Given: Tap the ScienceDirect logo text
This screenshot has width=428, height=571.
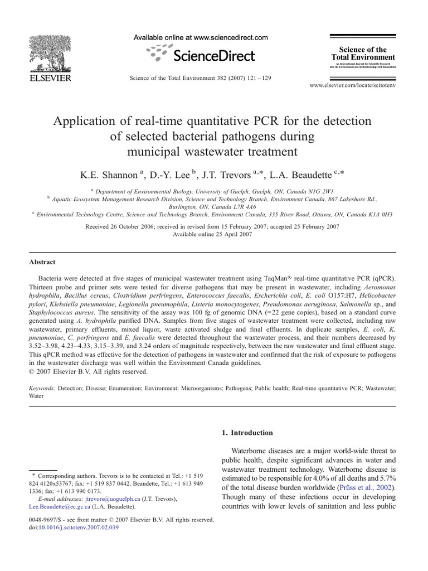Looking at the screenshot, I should (x=214, y=55).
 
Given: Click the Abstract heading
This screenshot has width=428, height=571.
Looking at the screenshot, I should (x=42, y=262).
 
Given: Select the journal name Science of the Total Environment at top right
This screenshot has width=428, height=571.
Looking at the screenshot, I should (x=363, y=54).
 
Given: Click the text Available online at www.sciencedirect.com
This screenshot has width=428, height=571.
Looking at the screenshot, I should (x=201, y=38).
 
